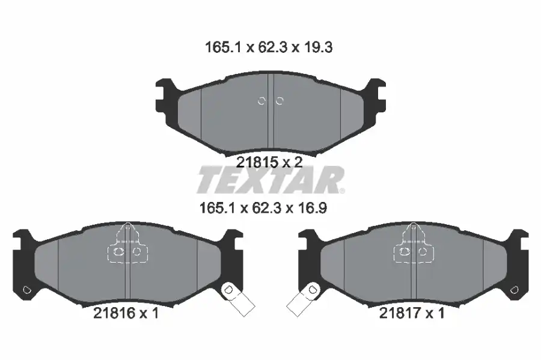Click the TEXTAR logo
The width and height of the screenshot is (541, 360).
(x=270, y=180)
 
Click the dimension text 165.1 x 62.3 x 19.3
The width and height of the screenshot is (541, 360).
(x=269, y=47)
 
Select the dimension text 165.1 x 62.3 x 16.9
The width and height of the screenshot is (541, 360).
(x=263, y=208)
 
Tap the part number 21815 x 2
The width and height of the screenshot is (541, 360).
(x=269, y=162)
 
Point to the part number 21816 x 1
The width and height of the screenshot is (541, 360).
(x=126, y=313)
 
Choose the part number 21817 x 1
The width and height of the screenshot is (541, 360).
(x=412, y=313)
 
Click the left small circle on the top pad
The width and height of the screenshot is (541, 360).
(x=261, y=101)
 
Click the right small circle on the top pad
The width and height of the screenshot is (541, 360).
(x=280, y=101)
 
